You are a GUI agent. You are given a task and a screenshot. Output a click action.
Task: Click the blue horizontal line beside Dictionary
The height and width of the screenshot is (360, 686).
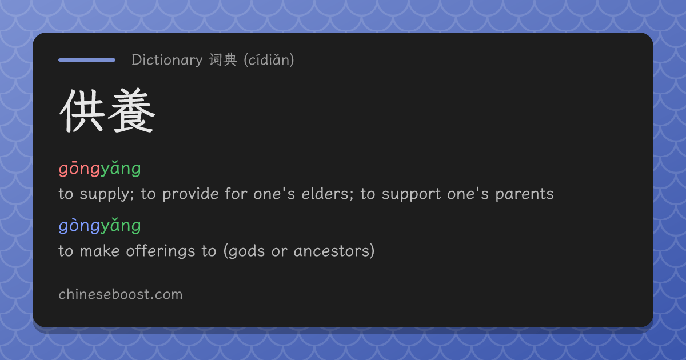87,60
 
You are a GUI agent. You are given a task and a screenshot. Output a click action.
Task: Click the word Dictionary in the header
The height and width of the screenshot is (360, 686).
167,60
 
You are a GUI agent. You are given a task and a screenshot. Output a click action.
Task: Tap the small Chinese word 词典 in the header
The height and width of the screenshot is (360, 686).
223,59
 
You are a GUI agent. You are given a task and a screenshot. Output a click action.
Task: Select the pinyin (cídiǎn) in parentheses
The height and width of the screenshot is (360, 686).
269,60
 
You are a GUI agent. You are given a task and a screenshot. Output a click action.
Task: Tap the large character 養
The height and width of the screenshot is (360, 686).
131,110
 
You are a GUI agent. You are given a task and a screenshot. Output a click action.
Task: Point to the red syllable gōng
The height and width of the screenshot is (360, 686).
79,169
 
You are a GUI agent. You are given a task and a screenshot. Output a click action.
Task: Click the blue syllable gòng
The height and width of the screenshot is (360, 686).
79,226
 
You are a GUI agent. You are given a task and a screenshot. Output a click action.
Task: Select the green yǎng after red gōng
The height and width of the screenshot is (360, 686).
121,169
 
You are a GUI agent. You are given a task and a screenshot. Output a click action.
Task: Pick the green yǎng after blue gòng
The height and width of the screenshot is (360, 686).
121,226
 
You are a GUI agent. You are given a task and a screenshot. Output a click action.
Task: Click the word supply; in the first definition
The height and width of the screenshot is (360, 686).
107,195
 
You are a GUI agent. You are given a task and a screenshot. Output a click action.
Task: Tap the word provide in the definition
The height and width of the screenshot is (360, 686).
190,194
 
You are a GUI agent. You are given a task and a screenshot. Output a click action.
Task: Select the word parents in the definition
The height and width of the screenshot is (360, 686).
524,195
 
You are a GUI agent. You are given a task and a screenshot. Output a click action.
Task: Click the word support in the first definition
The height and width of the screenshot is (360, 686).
411,195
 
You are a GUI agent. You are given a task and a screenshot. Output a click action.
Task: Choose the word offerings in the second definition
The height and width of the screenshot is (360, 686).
161,251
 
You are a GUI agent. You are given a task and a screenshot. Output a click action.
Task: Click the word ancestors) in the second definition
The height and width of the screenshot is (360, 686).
334,251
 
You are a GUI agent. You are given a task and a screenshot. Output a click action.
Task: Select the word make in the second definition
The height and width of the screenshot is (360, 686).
99,251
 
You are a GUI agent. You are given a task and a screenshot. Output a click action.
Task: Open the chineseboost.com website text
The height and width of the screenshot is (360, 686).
121,294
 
